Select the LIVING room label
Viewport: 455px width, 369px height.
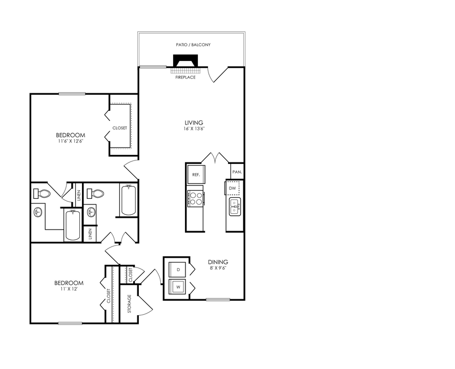click(194, 122)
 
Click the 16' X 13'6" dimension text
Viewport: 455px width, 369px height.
click(194, 129)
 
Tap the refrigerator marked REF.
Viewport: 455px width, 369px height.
click(195, 174)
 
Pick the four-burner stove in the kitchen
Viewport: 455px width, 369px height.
click(195, 198)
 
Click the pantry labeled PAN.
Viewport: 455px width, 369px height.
click(237, 172)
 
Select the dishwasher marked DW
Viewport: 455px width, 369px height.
click(232, 189)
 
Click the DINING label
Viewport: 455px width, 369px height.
click(218, 262)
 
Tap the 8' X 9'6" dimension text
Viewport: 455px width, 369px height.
click(218, 268)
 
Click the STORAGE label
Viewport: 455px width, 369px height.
click(130, 303)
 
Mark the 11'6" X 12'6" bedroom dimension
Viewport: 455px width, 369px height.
click(70, 141)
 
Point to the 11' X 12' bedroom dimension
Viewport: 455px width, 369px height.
click(69, 289)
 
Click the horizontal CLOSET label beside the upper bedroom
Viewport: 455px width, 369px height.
click(119, 128)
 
